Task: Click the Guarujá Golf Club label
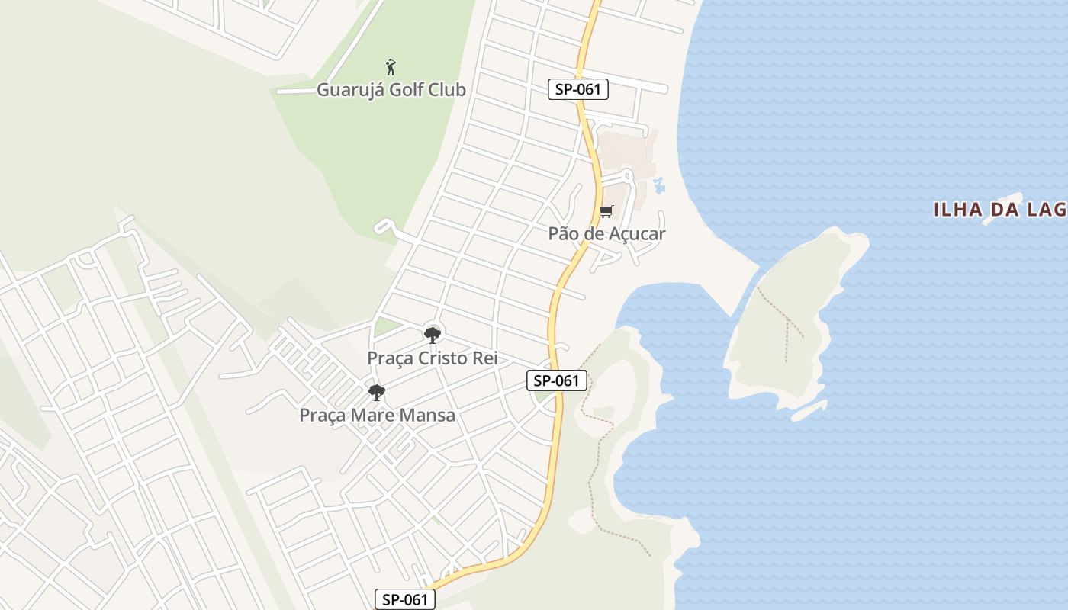click(x=391, y=89)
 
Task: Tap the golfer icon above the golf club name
click(x=391, y=67)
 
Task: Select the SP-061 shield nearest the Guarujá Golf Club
click(x=578, y=89)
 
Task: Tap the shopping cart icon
click(x=606, y=211)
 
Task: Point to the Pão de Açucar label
click(x=606, y=233)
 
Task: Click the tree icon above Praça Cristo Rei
click(x=433, y=334)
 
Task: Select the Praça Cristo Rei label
click(x=432, y=358)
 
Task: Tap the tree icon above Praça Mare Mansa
click(x=376, y=393)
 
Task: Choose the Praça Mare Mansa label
click(x=377, y=415)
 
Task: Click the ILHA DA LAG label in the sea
click(x=1000, y=210)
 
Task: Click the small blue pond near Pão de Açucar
click(x=658, y=185)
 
